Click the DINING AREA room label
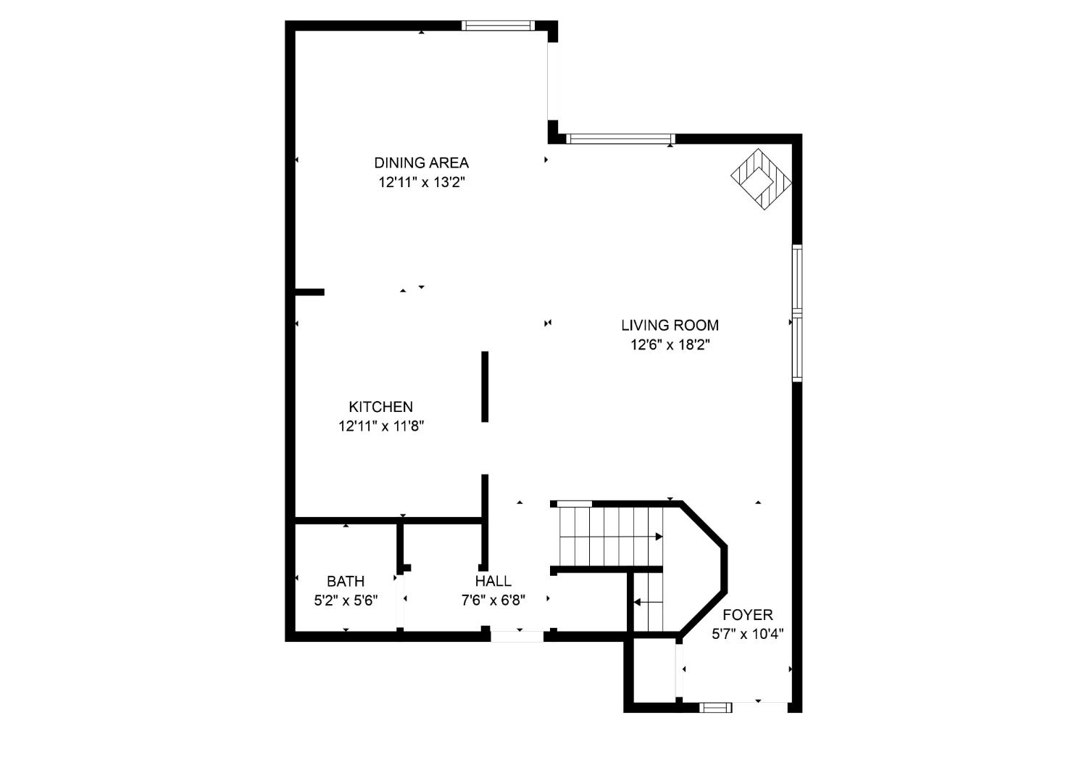click(421, 162)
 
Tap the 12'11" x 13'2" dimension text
click(421, 182)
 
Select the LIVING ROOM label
click(670, 325)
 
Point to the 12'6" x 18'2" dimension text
click(670, 344)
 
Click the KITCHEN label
click(380, 407)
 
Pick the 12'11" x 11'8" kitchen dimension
click(380, 426)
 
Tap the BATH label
click(346, 581)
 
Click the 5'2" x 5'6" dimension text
click(346, 600)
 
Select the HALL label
click(493, 581)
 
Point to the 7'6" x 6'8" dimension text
click(493, 600)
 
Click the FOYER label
click(748, 615)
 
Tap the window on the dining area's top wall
click(498, 25)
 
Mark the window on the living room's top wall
click(620, 139)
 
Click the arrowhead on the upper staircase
click(659, 537)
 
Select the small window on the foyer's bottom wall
click(715, 706)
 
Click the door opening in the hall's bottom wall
click(517, 636)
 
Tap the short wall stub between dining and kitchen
click(309, 292)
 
